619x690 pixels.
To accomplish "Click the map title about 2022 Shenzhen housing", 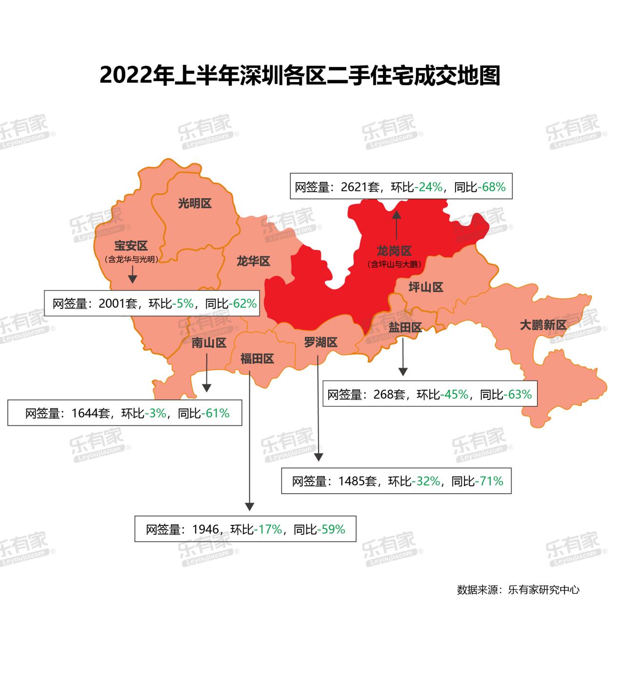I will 300,76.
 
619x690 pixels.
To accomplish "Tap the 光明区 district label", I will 195,204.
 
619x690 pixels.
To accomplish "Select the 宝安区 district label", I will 131,246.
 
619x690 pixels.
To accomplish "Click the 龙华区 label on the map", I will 253,261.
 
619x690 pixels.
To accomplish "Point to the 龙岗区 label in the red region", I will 394,251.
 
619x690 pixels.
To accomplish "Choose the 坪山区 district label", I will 426,287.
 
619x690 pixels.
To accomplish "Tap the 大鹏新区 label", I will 543,325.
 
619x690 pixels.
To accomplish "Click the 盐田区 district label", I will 405,327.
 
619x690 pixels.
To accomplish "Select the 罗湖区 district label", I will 320,343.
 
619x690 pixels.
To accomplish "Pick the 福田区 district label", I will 257,359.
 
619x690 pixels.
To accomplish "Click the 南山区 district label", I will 209,343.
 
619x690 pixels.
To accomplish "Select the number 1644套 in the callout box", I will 90,414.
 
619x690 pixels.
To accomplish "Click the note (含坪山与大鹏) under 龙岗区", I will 394,265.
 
